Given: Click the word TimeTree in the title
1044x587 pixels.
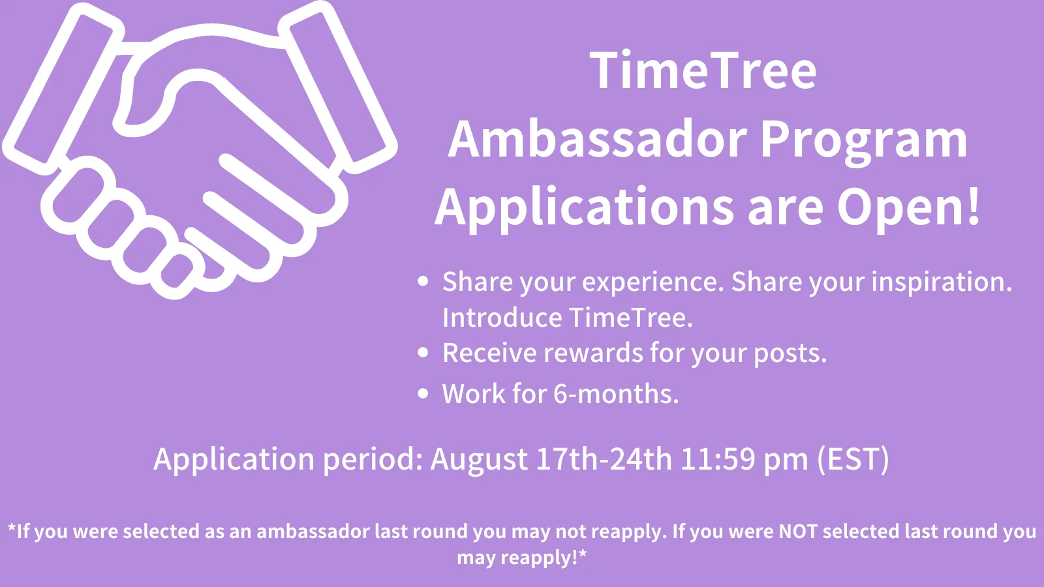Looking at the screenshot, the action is tap(703, 70).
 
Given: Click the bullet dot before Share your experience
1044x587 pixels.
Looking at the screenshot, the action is tap(423, 281).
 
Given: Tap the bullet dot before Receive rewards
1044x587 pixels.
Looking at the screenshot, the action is tap(423, 352).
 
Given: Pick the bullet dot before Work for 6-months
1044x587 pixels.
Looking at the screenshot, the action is tap(423, 393).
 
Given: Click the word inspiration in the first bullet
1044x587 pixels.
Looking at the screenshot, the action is tap(942, 283).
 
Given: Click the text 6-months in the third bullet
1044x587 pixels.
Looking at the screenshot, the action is tap(616, 394).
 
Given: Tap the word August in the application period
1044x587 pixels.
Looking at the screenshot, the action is tap(479, 460).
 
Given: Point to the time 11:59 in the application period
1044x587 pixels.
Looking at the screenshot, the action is tap(718, 459).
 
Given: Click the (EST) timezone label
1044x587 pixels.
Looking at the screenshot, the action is tap(853, 460).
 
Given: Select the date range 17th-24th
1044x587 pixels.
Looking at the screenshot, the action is tap(604, 459).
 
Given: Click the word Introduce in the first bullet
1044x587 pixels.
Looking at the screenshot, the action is tap(502, 318).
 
